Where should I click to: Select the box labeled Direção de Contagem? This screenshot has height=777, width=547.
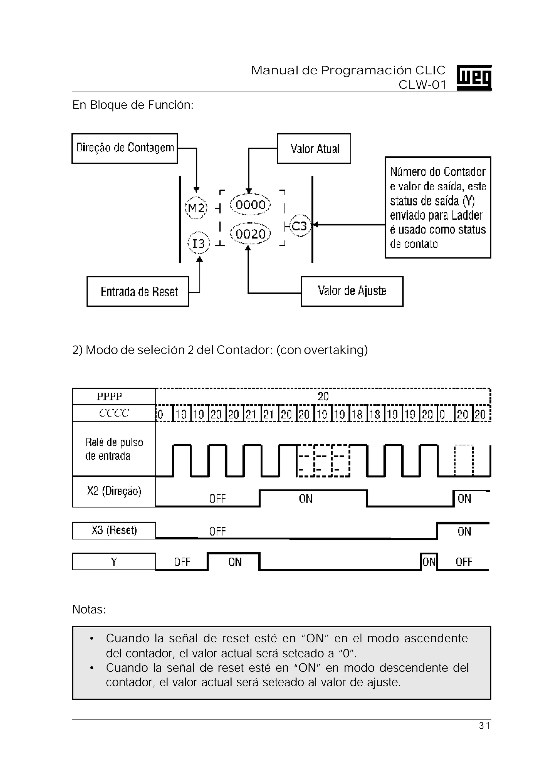pos(124,148)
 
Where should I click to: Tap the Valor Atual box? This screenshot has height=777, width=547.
pos(314,149)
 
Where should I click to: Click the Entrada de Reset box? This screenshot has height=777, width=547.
pos(138,291)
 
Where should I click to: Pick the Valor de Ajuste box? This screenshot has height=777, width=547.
pos(351,291)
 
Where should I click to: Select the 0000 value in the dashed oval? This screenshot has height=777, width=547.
pos(250,205)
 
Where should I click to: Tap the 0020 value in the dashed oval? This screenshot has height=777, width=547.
pos(250,234)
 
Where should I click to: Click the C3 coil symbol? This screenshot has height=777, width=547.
pos(299,226)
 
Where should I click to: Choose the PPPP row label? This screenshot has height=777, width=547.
pos(109,396)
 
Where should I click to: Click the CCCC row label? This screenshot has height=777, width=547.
pos(114,413)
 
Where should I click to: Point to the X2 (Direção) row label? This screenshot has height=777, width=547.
pos(114,491)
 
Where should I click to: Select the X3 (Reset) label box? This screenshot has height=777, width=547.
pos(114,530)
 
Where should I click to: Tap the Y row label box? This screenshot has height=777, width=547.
pos(114,562)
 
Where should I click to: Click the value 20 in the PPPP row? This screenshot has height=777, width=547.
pos(323,396)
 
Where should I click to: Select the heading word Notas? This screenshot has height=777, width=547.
pos(89,609)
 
